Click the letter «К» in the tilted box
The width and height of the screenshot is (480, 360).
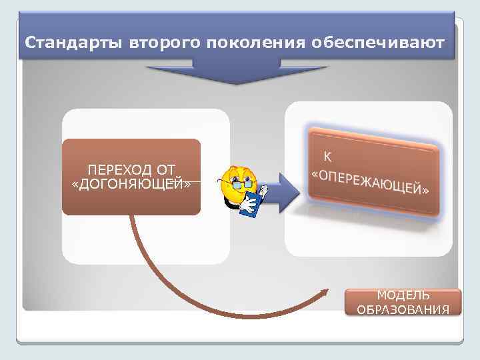point(327,157)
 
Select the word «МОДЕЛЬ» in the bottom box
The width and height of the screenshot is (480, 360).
point(403,295)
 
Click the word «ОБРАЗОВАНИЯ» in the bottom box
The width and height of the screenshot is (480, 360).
point(403,309)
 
